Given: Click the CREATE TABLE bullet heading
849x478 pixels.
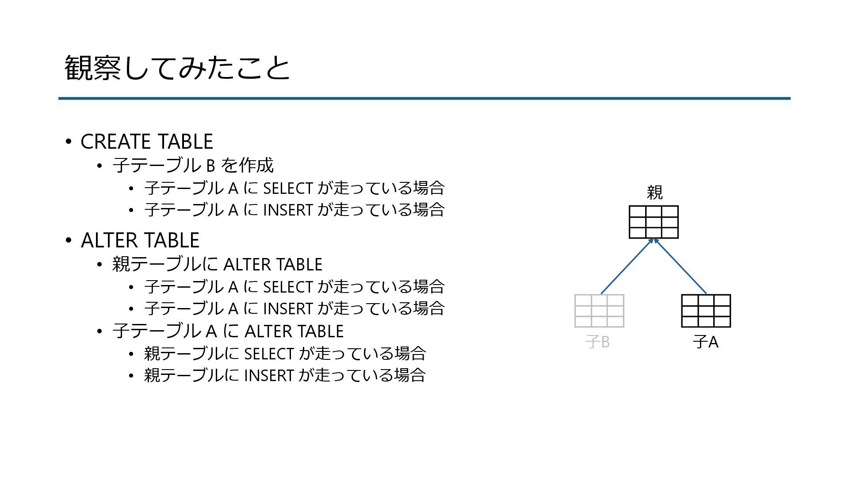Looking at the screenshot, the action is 146,142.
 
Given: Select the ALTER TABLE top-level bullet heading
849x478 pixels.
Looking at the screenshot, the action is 140,240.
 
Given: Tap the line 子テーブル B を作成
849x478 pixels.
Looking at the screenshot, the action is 193,166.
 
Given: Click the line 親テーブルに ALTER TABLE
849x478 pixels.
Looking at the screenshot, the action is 217,264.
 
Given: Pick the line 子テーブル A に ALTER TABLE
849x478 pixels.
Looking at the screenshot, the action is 228,331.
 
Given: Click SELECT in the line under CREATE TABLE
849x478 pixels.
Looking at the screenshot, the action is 288,188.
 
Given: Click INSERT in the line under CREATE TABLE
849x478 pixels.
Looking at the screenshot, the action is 288,209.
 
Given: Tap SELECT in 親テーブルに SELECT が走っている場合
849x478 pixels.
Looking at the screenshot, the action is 269,354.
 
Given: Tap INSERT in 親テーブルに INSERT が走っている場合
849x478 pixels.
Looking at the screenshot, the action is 269,375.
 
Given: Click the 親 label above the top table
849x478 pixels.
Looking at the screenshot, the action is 654,193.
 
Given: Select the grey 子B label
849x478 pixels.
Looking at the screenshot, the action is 598,342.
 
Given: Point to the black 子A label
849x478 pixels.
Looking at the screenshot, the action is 705,342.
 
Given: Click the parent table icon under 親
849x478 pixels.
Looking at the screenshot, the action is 654,222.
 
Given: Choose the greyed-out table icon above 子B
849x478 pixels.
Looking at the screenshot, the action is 599,311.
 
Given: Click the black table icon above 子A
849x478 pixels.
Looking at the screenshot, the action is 706,311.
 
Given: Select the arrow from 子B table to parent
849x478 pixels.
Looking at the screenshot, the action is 626,267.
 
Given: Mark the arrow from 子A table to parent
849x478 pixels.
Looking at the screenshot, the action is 680,267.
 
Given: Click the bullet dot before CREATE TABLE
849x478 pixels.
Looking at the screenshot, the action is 68,142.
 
